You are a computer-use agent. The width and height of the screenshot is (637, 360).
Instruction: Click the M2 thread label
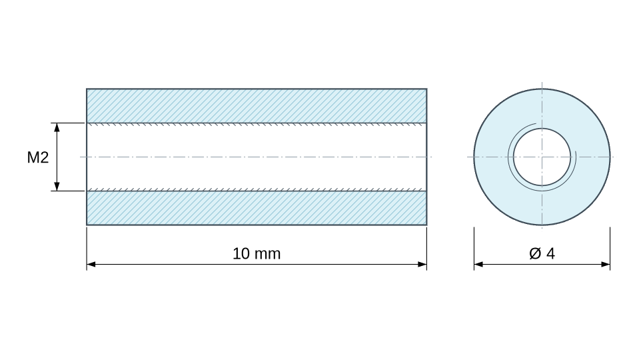[38, 157]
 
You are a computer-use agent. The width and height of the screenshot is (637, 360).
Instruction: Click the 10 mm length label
[257, 253]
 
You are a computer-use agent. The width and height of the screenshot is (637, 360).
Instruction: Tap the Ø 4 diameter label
[542, 253]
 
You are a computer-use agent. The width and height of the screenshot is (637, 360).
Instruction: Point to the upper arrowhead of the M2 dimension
[57, 127]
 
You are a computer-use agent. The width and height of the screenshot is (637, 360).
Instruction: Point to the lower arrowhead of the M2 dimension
[57, 186]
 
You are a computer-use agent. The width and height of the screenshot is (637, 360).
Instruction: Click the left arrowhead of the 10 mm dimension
[91, 264]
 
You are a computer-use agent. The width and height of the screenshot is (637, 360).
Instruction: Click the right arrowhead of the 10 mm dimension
[422, 264]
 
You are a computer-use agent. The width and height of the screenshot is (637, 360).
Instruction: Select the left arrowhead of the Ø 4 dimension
[478, 264]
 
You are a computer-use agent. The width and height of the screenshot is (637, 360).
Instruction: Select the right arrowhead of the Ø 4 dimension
[605, 264]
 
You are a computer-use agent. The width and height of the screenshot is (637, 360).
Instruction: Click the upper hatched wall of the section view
[257, 105]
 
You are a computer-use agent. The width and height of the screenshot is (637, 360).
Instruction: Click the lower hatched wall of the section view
[257, 208]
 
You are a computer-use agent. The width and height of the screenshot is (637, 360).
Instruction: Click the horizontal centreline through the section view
[256, 157]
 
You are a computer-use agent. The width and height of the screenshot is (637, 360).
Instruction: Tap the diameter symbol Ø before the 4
[535, 253]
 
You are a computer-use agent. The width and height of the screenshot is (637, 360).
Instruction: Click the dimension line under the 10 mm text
[257, 264]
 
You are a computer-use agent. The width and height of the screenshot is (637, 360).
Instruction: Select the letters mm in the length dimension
[268, 255]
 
